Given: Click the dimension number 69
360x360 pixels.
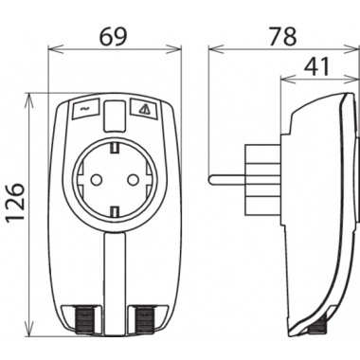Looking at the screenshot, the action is pyautogui.click(x=113, y=36).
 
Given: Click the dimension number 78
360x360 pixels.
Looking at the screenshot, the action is pyautogui.click(x=283, y=36).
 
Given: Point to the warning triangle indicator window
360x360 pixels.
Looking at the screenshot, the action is pyautogui.click(x=144, y=109).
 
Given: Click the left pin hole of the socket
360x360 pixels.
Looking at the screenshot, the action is pyautogui.click(x=96, y=180).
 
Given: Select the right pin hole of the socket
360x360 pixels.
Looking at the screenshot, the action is pyautogui.click(x=133, y=180).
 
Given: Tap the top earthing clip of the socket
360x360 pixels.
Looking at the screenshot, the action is pyautogui.click(x=115, y=147).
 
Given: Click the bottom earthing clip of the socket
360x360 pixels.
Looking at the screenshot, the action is pyautogui.click(x=115, y=210).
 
